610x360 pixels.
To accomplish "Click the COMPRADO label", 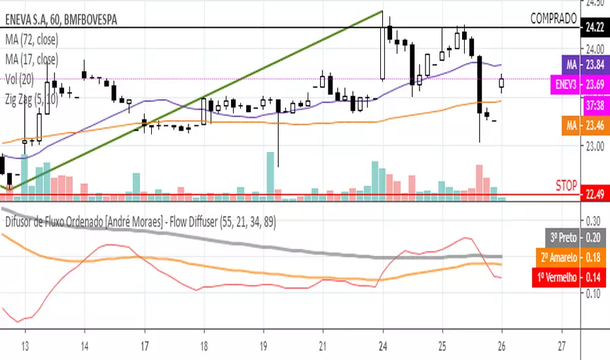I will [553, 18].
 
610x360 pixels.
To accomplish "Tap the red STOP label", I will [566, 185].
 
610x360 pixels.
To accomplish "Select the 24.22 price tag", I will [594, 28].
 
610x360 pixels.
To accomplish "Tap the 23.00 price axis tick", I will [594, 147].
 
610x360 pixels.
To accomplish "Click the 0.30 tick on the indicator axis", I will [594, 221].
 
